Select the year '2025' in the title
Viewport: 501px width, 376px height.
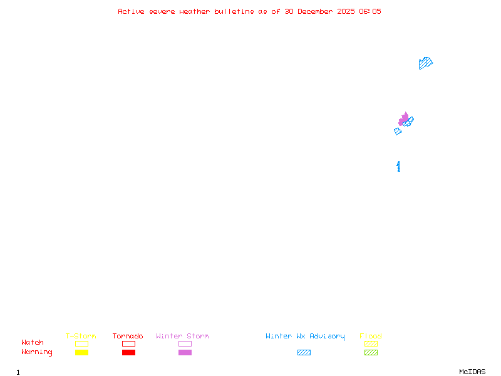click(x=346, y=11)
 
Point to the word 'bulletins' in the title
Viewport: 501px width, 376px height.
click(x=234, y=11)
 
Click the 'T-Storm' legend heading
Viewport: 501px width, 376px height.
click(x=81, y=337)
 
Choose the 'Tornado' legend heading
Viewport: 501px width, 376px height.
click(x=128, y=337)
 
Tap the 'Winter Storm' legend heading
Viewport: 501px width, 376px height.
click(x=182, y=337)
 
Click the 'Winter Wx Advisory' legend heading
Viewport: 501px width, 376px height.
click(x=305, y=337)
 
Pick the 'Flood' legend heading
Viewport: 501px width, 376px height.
click(x=371, y=337)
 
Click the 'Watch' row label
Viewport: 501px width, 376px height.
click(x=33, y=343)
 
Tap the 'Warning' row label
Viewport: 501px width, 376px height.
click(x=37, y=352)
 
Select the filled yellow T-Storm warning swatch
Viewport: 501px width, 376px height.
click(x=81, y=353)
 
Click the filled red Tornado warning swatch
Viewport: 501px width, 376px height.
click(x=128, y=353)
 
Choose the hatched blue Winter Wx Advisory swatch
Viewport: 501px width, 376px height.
click(x=304, y=353)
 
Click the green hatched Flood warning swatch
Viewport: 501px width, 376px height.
click(x=371, y=353)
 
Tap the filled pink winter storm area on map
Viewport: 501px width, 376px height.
click(x=403, y=119)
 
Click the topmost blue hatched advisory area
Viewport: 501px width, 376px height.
click(x=425, y=63)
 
